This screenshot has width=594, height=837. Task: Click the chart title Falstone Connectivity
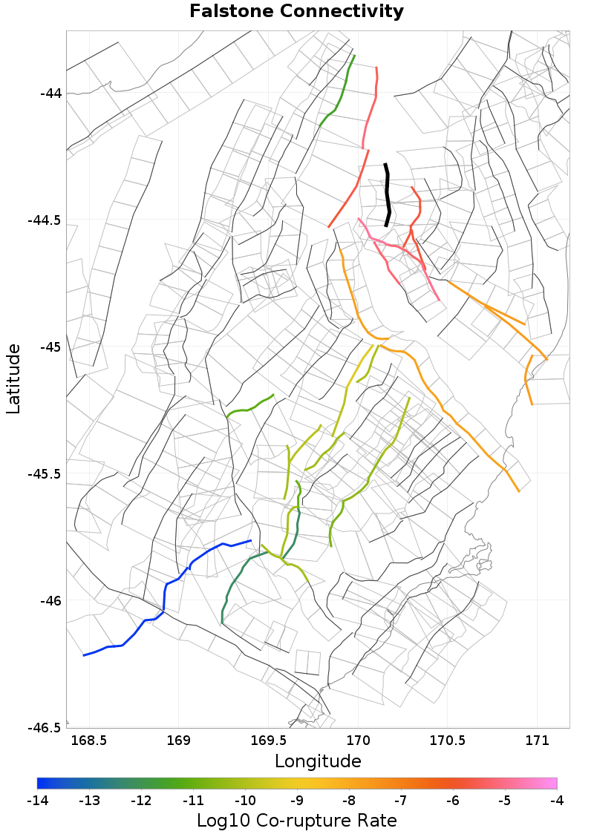(x=297, y=12)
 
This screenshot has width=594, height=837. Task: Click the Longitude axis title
(x=318, y=761)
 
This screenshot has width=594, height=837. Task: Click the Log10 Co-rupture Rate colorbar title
(x=297, y=821)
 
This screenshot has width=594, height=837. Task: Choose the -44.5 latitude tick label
(x=46, y=220)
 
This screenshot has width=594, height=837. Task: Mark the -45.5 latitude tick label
(x=46, y=474)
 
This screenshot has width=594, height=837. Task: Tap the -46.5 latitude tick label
(x=46, y=728)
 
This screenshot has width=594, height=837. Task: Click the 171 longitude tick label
(x=536, y=741)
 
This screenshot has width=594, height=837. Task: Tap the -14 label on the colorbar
(x=37, y=801)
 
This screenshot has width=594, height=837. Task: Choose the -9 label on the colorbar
(x=297, y=801)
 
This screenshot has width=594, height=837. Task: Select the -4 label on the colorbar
(x=557, y=801)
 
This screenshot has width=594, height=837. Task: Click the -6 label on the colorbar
(x=453, y=801)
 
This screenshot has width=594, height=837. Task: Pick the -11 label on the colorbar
(x=193, y=801)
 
